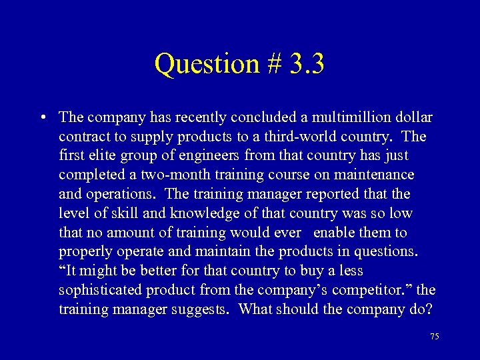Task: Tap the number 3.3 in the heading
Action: (x=307, y=64)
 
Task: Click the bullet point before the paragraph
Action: (x=42, y=118)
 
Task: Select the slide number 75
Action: (x=435, y=337)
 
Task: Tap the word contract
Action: (x=81, y=137)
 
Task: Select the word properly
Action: (x=83, y=252)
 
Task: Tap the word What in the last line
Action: (x=256, y=309)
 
